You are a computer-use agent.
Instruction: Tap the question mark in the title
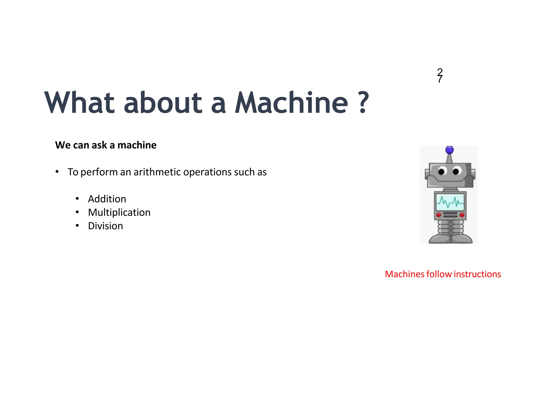363,103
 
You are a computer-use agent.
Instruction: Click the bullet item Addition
107,199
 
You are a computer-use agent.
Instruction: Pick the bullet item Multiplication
119,213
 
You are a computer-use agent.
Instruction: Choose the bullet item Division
105,226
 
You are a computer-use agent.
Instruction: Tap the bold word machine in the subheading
137,145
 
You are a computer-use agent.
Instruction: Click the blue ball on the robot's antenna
450,150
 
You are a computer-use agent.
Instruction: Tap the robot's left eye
442,171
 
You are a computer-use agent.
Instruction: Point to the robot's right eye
457,171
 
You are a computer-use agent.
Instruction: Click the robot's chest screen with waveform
450,202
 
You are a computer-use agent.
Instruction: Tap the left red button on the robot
438,215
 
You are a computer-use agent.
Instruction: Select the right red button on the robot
462,215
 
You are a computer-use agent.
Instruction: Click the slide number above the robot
440,75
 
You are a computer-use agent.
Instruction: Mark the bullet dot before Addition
77,199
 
